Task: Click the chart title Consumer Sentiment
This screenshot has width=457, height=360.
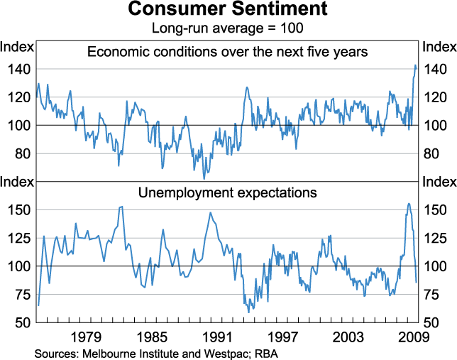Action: (x=228, y=10)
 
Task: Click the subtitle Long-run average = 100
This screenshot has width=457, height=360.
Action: (x=228, y=28)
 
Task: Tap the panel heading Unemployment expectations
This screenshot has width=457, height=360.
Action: (x=228, y=192)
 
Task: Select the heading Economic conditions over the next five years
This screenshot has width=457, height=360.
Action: (x=228, y=51)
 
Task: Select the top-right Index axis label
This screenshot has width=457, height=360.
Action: (x=439, y=47)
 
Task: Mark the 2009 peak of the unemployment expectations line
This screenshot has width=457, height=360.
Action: (x=408, y=204)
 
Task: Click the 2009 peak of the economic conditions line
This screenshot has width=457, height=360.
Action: (x=415, y=65)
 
